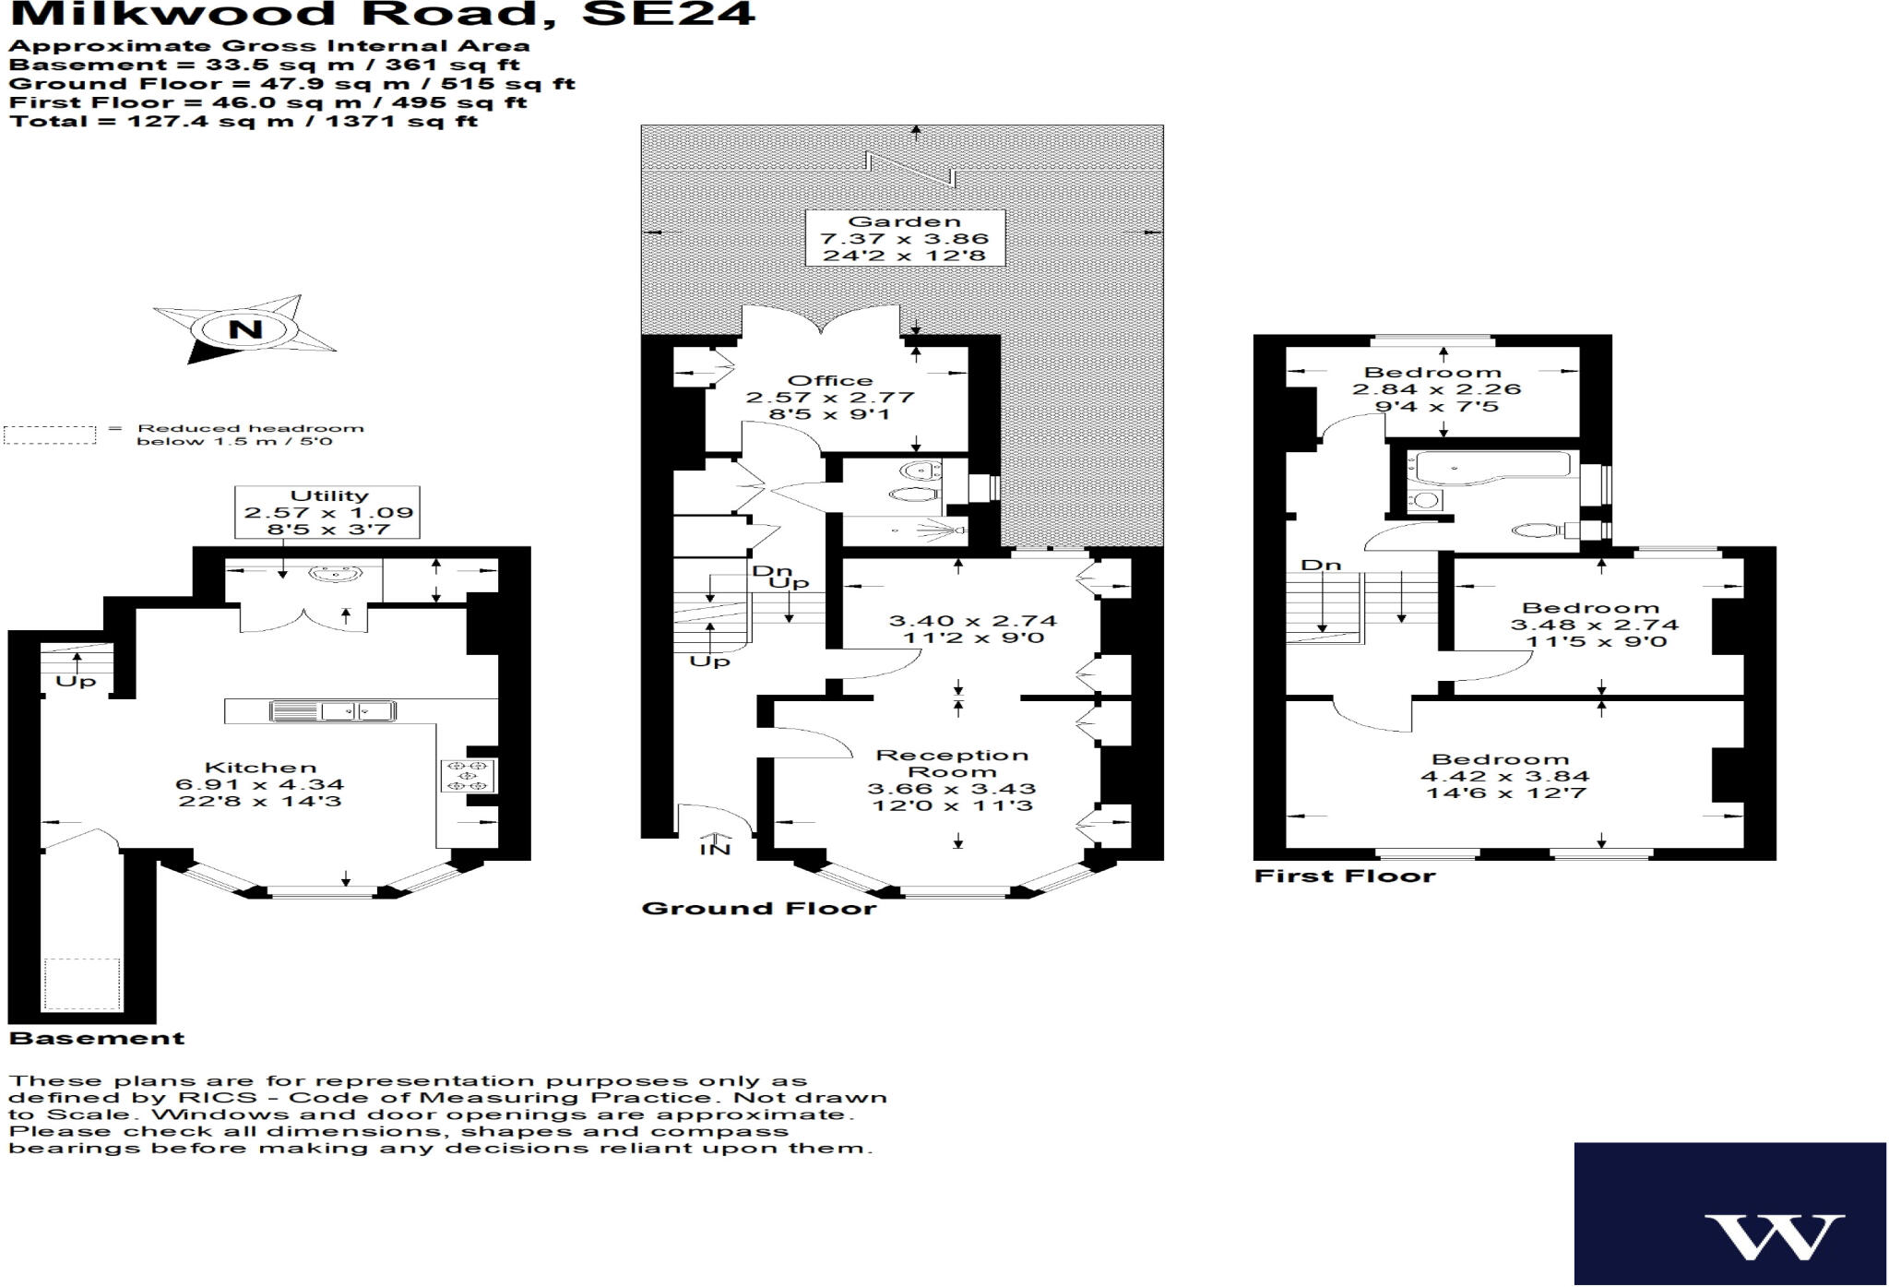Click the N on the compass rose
tap(244, 329)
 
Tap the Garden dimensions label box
tap(905, 238)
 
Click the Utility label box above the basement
tap(328, 512)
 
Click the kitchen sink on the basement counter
tap(333, 711)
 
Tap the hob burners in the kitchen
tap(469, 775)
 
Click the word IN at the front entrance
tap(714, 849)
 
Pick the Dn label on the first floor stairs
tap(1320, 565)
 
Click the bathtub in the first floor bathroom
tap(1491, 466)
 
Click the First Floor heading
tap(1345, 876)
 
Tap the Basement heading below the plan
tap(97, 1039)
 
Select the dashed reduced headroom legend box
tap(50, 435)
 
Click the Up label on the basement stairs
tap(76, 682)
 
